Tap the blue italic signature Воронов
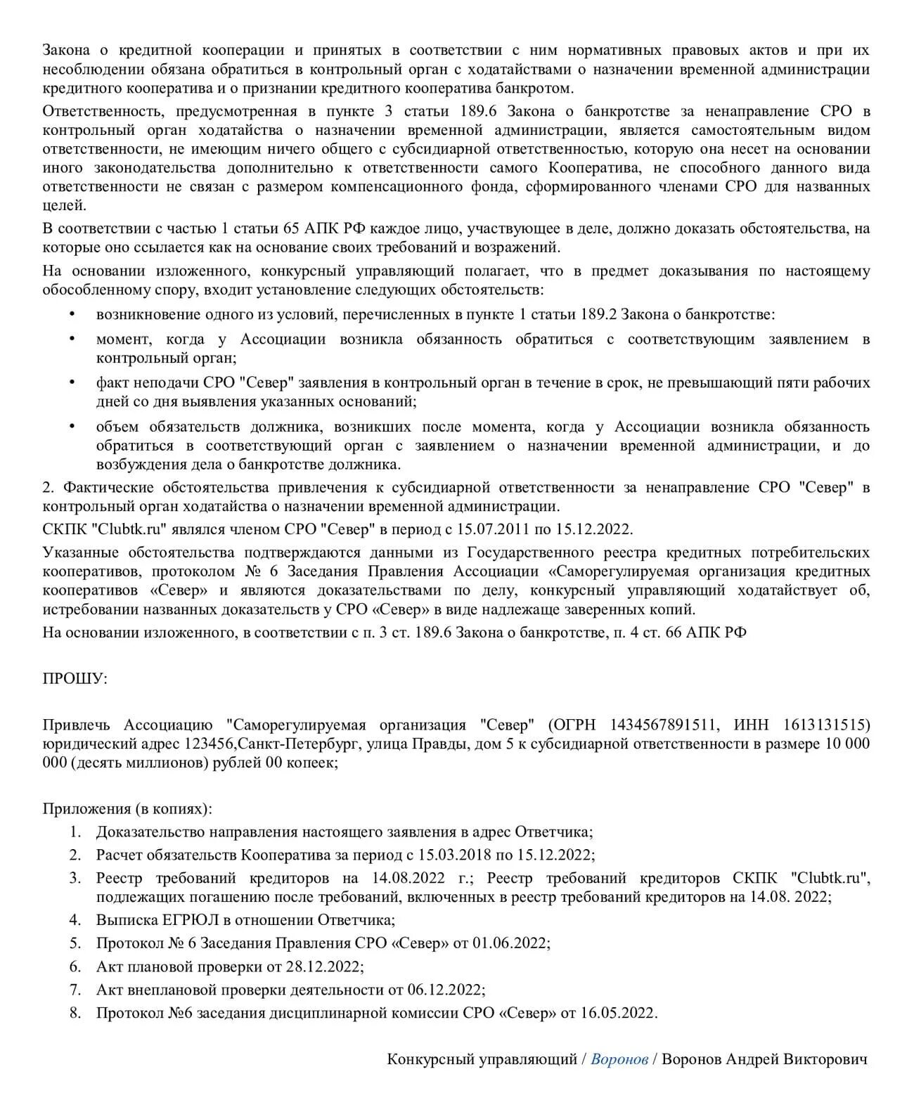pos(619,1059)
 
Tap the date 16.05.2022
pos(617,1013)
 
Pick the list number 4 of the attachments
pos(75,919)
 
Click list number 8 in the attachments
pos(75,1013)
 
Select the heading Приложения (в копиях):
pos(127,808)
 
